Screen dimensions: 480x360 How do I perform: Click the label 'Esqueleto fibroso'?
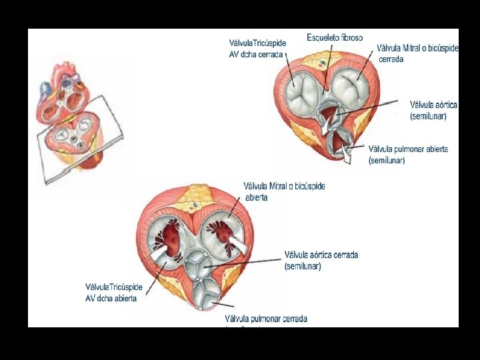click(335, 37)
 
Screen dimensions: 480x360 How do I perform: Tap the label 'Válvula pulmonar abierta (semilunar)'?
click(408, 155)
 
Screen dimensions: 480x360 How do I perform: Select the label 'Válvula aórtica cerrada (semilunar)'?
click(321, 261)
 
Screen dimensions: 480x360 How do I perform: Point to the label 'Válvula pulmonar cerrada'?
click(266, 319)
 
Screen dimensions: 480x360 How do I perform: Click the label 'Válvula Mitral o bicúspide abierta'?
click(285, 192)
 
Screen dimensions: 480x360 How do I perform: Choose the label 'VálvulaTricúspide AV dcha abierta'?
click(114, 293)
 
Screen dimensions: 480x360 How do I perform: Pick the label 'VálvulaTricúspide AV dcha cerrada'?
click(258, 49)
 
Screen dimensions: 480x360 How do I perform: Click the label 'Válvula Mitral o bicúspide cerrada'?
click(417, 53)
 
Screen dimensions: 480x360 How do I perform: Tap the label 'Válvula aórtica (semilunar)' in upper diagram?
click(433, 110)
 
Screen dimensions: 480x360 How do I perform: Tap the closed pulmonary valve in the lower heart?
click(207, 291)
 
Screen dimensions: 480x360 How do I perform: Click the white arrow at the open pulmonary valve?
click(346, 156)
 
